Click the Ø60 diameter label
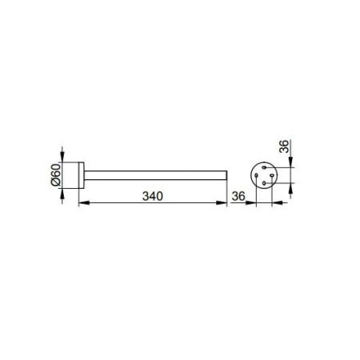pos(56,175)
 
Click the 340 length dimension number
pos(153,196)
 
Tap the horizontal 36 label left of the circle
pos(238,196)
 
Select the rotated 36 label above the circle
pos(284,146)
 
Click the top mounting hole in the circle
pos(264,167)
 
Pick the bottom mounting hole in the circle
pos(264,183)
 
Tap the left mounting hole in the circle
pos(256,175)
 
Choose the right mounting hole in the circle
pos(272,175)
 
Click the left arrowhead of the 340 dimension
pos(84,203)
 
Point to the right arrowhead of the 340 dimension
pos(222,203)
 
